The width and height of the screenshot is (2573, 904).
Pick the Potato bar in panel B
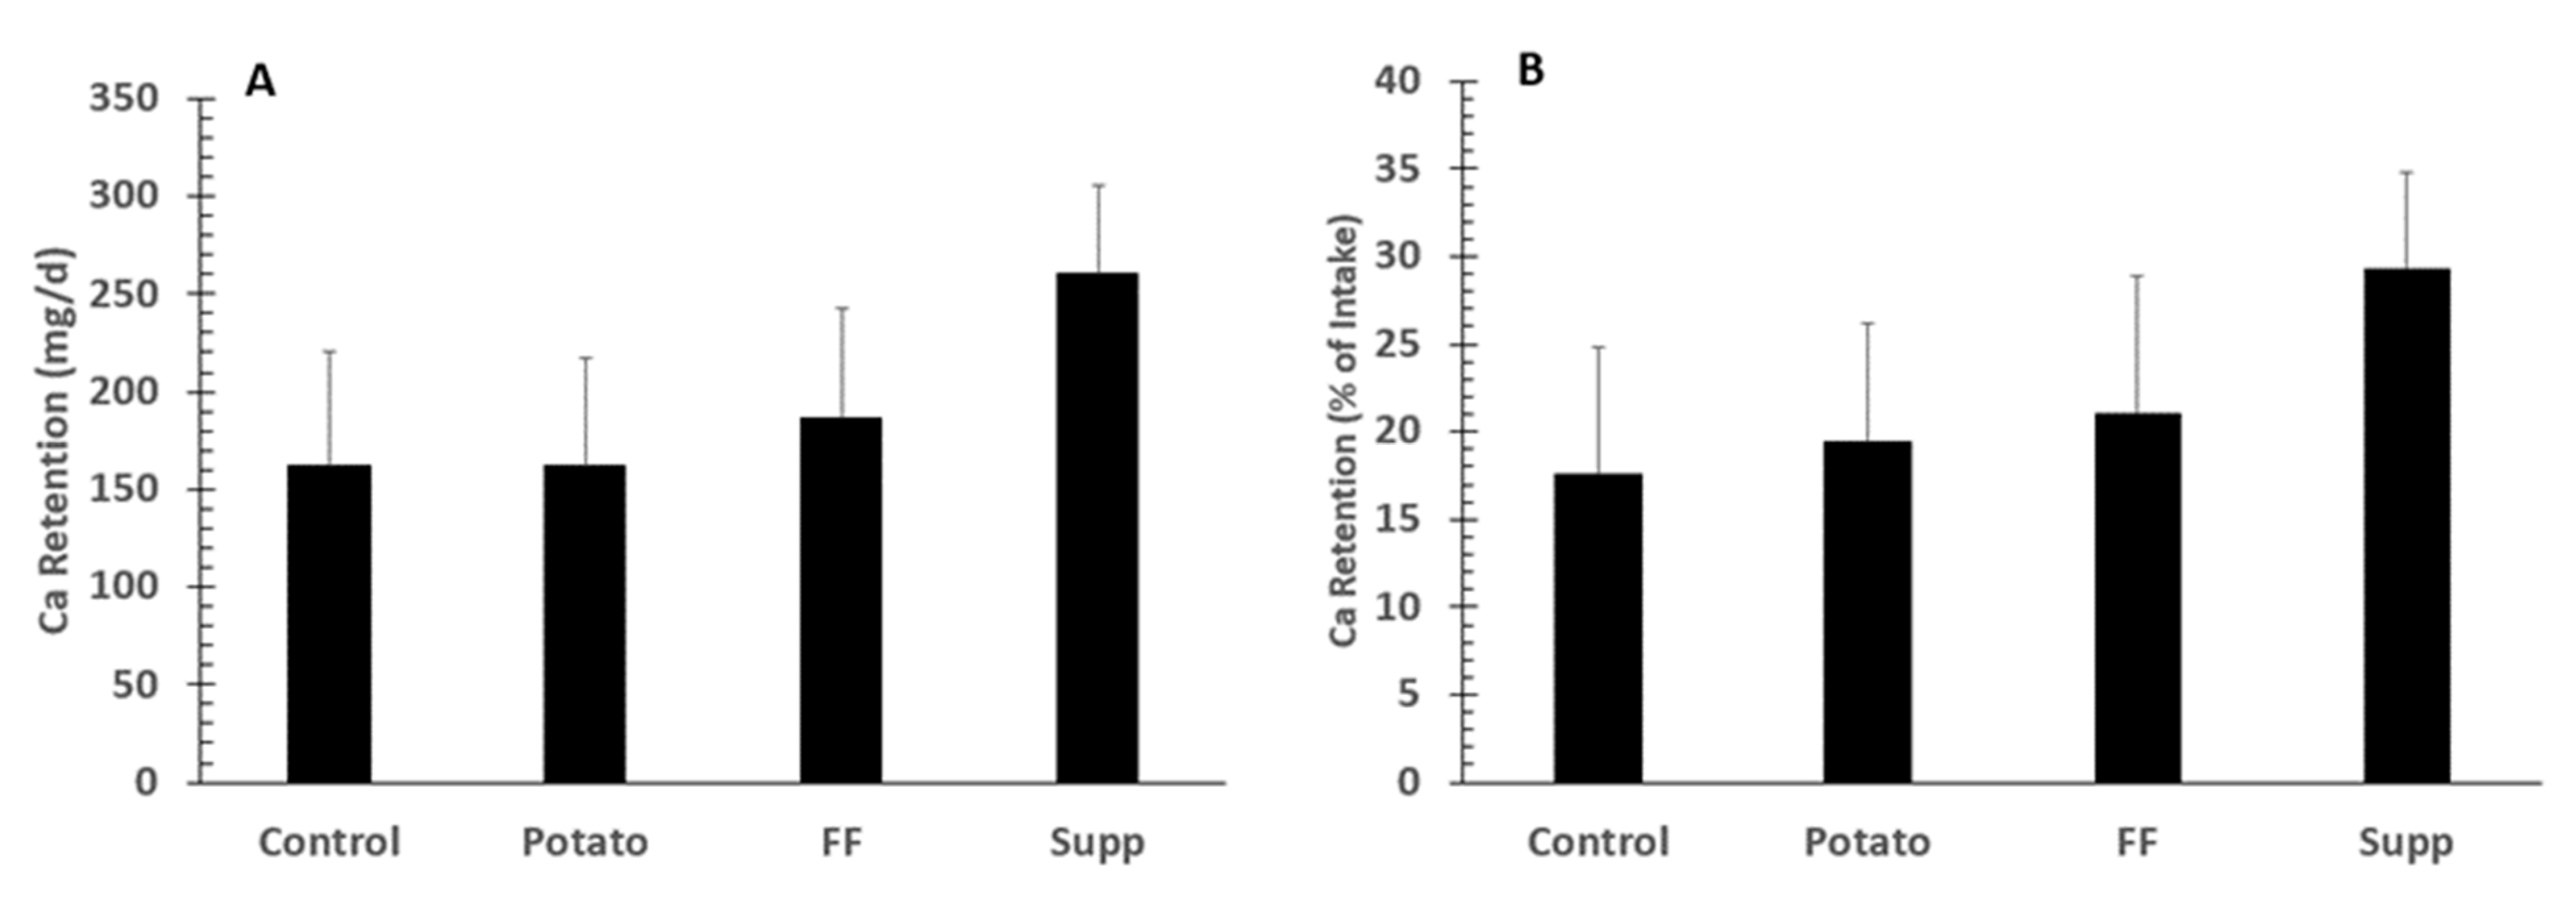tap(1867, 611)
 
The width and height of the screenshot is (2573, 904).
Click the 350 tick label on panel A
tap(124, 99)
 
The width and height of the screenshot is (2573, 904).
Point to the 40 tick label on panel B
tap(1397, 81)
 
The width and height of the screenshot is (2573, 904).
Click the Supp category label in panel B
tap(2405, 842)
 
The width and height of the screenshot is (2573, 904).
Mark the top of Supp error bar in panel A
tap(1098, 186)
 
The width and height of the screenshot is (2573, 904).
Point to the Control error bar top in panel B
tap(1598, 347)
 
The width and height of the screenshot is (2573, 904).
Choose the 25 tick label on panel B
tap(1397, 345)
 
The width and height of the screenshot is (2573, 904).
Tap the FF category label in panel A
tap(840, 842)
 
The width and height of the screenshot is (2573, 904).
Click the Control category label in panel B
tap(1597, 842)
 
